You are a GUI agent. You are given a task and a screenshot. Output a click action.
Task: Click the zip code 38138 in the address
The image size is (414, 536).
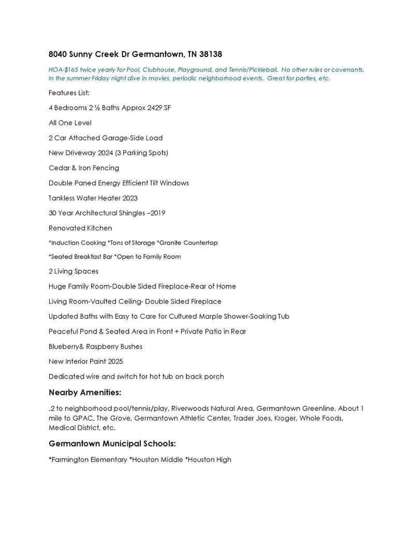pyautogui.click(x=212, y=54)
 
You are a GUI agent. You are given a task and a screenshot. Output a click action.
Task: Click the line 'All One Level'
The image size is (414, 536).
pyautogui.click(x=70, y=123)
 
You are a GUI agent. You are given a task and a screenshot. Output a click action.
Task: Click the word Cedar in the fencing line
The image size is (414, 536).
pyautogui.click(x=59, y=168)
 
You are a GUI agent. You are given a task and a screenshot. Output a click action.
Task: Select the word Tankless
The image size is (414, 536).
pyautogui.click(x=63, y=198)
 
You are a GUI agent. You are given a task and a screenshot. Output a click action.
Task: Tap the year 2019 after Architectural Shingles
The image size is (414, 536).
pyautogui.click(x=157, y=213)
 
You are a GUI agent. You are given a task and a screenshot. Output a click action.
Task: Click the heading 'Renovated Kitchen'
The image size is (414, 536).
pyautogui.click(x=80, y=228)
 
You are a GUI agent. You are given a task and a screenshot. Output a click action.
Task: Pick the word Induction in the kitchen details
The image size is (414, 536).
pyautogui.click(x=65, y=242)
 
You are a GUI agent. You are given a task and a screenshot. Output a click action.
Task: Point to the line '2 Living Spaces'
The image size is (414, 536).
pyautogui.click(x=73, y=271)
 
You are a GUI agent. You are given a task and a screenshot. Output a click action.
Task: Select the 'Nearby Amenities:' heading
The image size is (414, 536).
pyautogui.click(x=85, y=392)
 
